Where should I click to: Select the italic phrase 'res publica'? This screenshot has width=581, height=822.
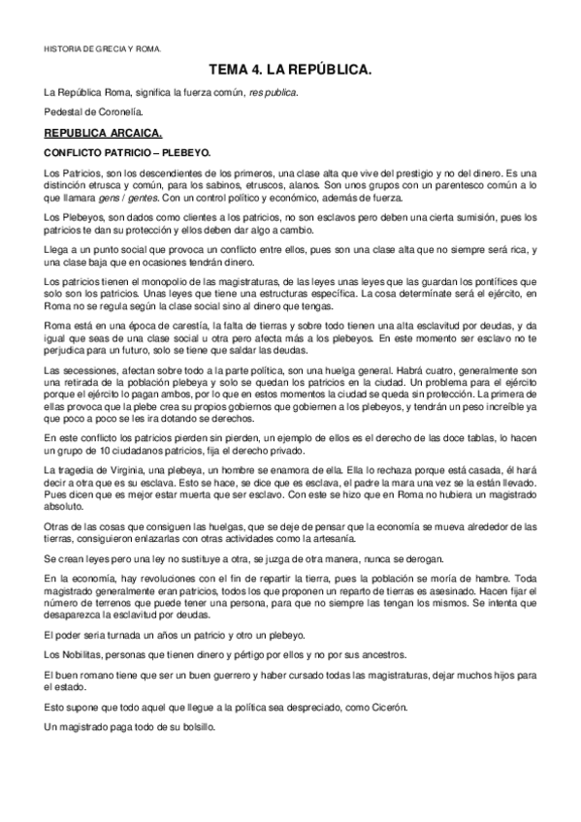coord(274,92)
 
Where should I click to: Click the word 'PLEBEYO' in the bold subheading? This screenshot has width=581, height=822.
coord(180,152)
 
